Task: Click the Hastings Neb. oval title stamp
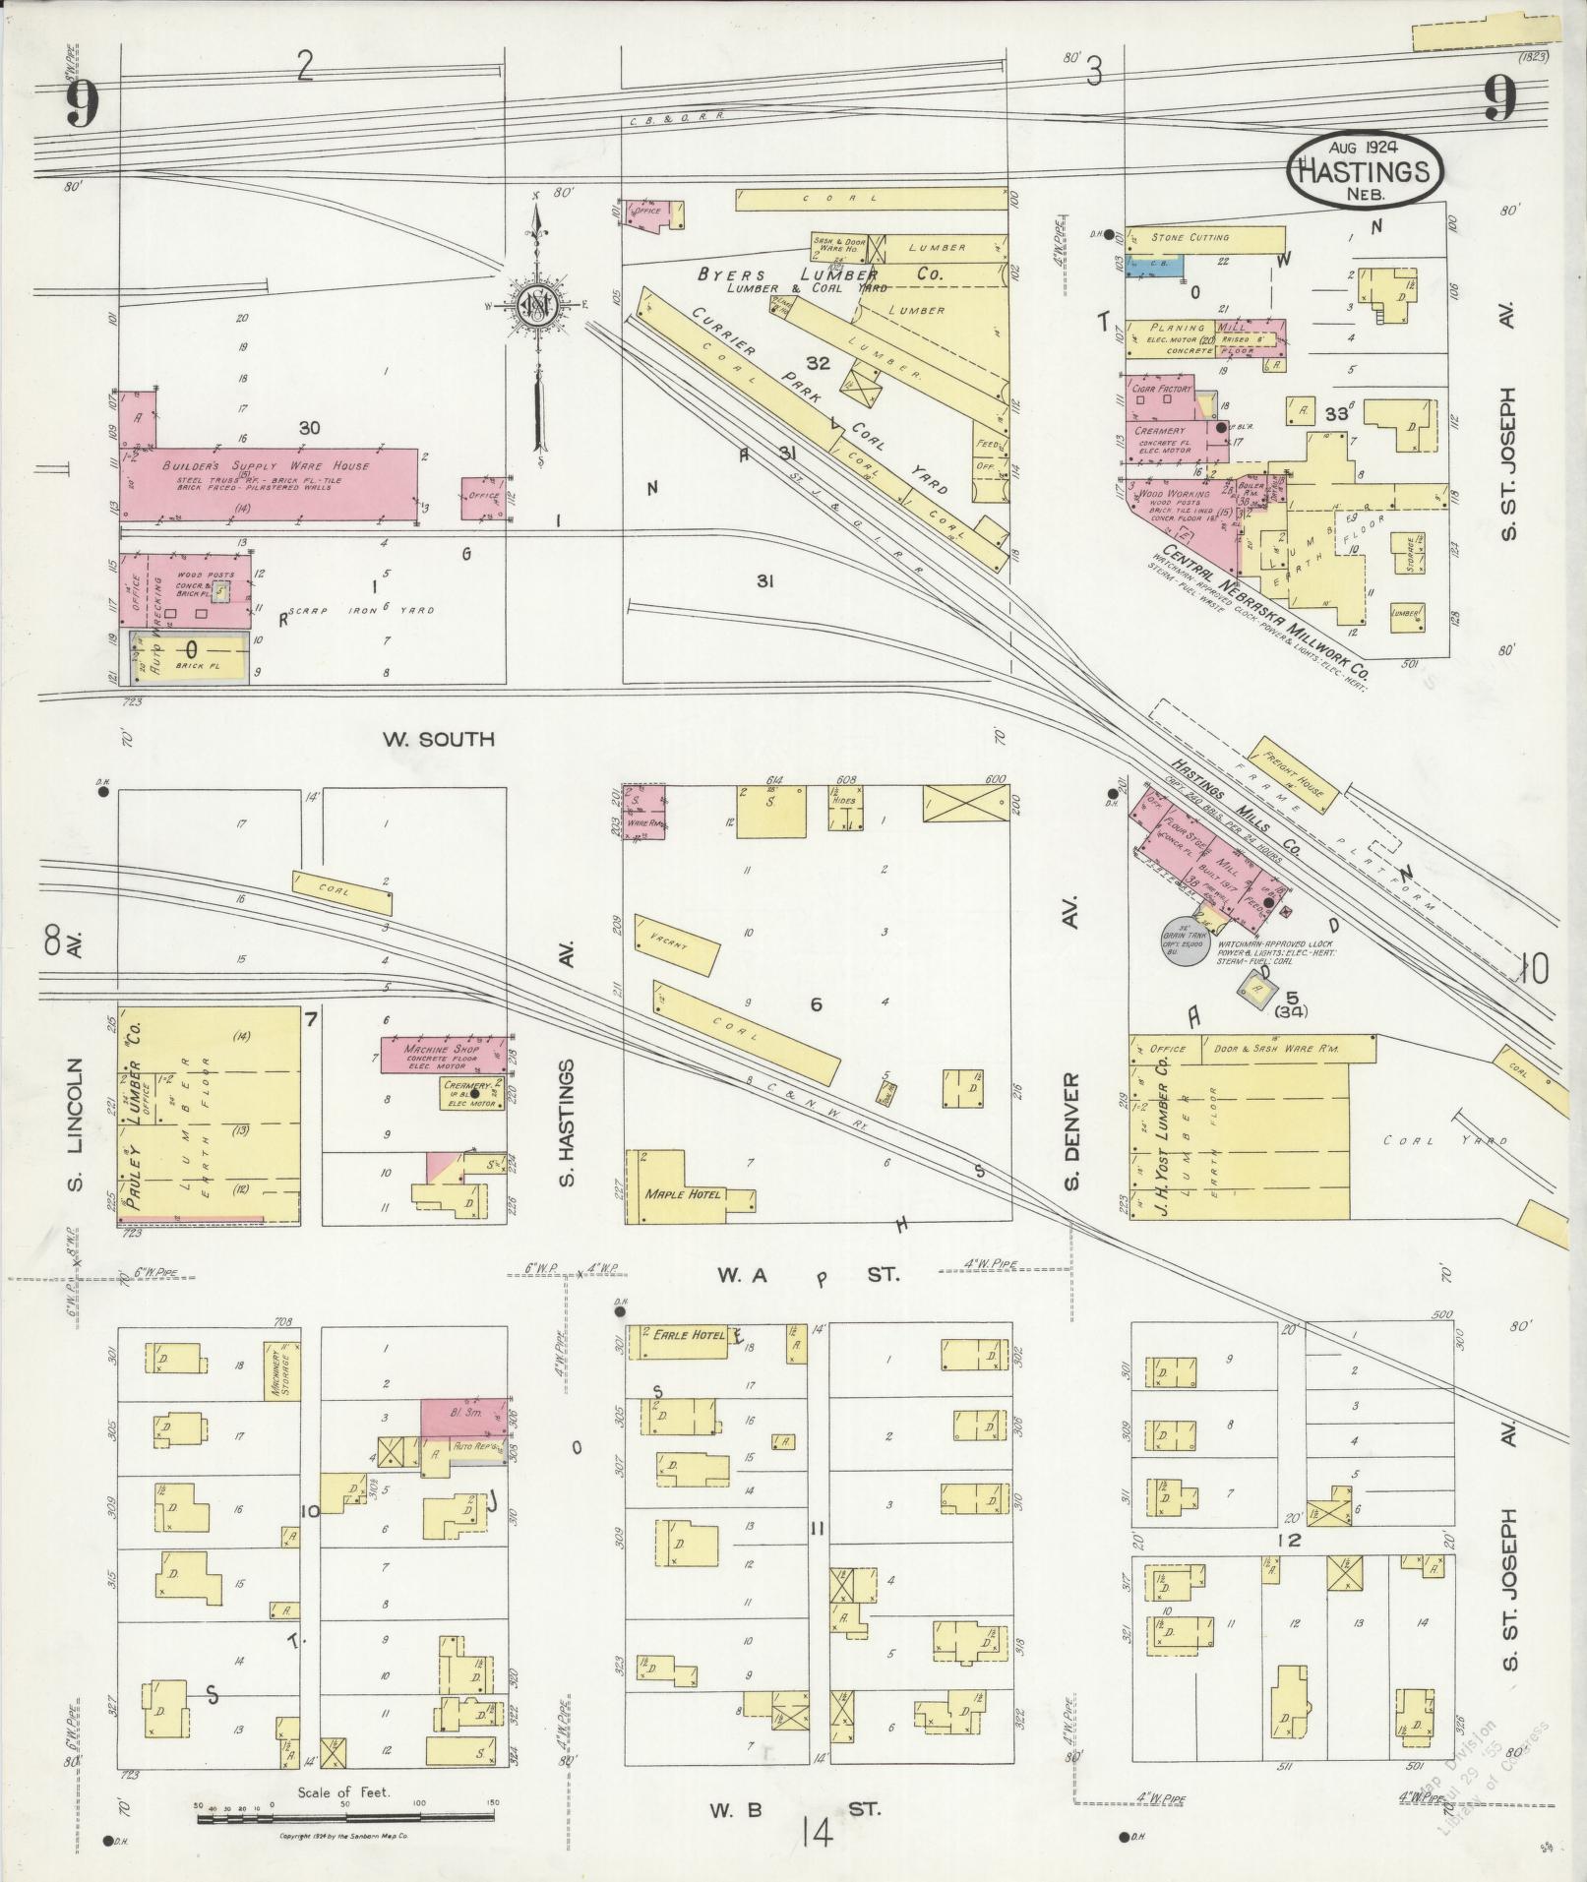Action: coord(1367,169)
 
